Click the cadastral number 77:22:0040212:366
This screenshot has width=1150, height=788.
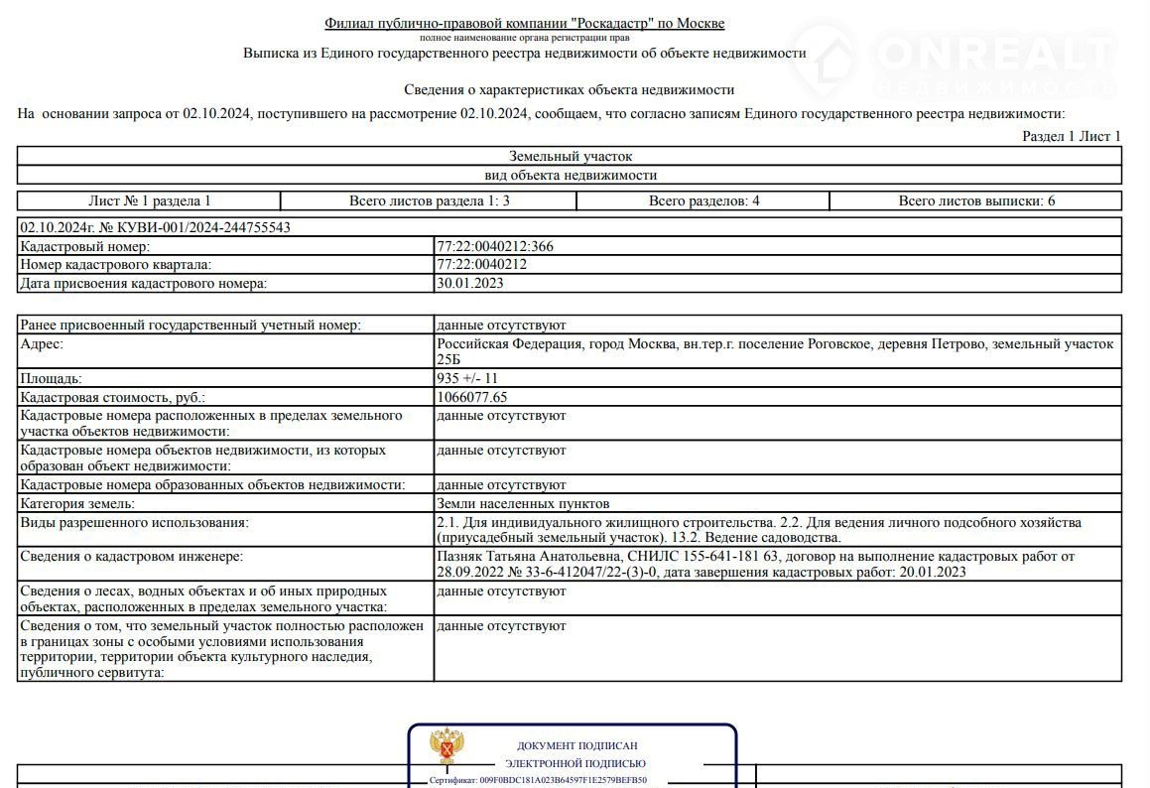click(x=495, y=246)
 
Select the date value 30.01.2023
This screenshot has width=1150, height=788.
click(x=470, y=283)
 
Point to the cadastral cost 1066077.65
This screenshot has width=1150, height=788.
click(x=472, y=397)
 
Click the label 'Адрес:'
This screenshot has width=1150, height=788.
click(x=42, y=343)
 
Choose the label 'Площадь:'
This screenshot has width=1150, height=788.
click(x=52, y=378)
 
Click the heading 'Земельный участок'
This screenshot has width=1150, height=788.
click(x=571, y=156)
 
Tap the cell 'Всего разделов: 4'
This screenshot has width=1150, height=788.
click(x=703, y=200)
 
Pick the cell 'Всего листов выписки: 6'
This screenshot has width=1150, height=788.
click(x=976, y=200)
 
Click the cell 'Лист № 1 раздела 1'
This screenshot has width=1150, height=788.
click(x=150, y=200)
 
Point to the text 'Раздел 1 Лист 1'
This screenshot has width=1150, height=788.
click(x=1072, y=136)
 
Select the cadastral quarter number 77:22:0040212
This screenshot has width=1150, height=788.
click(x=481, y=265)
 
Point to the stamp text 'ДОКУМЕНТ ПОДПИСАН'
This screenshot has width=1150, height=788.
click(x=576, y=745)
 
